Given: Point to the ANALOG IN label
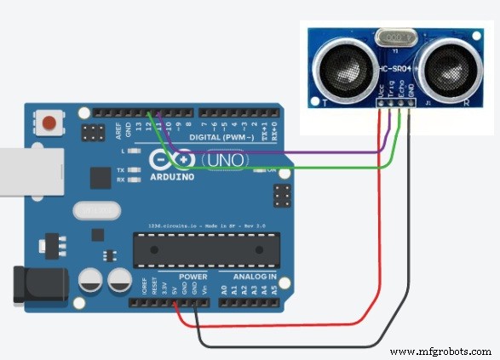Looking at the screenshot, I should [248, 277].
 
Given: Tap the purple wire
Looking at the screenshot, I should [281, 153].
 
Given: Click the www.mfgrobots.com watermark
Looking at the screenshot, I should [440, 351].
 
